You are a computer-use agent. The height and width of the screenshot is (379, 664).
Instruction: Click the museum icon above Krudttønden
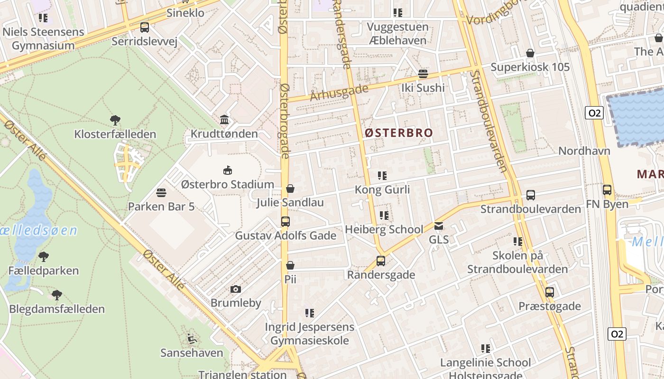pyautogui.click(x=224, y=120)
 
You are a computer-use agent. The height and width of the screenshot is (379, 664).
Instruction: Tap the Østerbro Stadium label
pyautogui.click(x=228, y=184)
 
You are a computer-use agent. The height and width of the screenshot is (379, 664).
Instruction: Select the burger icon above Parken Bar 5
pyautogui.click(x=161, y=193)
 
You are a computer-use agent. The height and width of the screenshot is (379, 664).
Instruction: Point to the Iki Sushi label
pyautogui.click(x=423, y=88)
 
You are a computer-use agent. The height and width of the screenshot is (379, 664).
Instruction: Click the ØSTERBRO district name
pyautogui.click(x=399, y=133)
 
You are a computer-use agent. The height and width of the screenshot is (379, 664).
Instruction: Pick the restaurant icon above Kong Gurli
pyautogui.click(x=382, y=176)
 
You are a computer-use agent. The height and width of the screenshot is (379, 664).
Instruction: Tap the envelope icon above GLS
pyautogui.click(x=439, y=226)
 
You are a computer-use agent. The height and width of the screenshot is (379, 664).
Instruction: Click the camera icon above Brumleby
pyautogui.click(x=235, y=289)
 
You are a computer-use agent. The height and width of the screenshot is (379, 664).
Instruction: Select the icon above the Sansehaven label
pyautogui.click(x=192, y=339)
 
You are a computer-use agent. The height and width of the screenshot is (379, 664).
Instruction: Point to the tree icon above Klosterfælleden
pyautogui.click(x=115, y=120)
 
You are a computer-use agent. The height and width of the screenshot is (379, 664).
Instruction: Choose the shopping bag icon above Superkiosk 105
pyautogui.click(x=530, y=53)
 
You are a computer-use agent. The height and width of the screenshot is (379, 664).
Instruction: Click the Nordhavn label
pyautogui.click(x=584, y=151)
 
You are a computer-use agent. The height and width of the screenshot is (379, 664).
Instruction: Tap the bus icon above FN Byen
pyautogui.click(x=607, y=190)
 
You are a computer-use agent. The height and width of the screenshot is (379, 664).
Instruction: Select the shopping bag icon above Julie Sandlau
pyautogui.click(x=290, y=189)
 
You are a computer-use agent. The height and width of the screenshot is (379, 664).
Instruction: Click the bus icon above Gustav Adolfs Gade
pyautogui.click(x=286, y=222)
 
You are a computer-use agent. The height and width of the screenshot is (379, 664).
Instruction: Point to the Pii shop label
pyautogui.click(x=290, y=279)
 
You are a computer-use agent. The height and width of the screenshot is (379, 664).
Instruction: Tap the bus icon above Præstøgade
pyautogui.click(x=549, y=292)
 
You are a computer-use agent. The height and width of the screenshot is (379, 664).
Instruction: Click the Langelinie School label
pyautogui.click(x=485, y=363)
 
